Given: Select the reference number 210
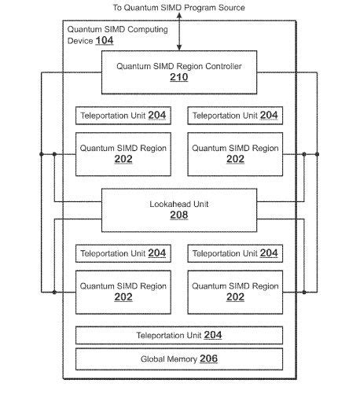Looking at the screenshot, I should point(179,78).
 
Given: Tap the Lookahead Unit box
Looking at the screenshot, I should point(179,209).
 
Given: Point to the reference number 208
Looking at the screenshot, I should point(179,215).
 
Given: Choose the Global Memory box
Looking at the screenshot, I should point(179,359).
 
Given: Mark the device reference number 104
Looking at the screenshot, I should point(104,40).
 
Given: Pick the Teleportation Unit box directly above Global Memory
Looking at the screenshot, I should point(179,335).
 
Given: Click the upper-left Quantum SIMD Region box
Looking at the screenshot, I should point(123,153).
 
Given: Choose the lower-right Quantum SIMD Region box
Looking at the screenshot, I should point(235,291).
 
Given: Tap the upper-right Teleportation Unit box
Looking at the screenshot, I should point(235,116).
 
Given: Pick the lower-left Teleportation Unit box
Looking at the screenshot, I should point(123,253).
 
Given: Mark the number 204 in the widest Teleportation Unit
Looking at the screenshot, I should point(213,335).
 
